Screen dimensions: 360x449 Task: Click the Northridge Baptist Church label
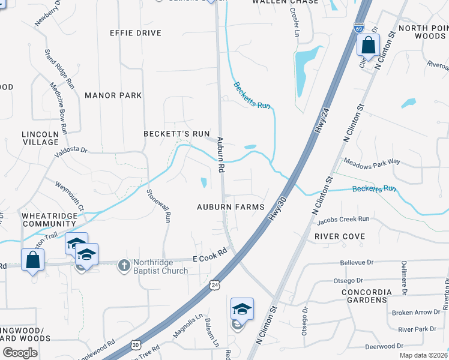click(x=160, y=266)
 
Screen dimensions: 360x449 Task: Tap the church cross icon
click(x=124, y=265)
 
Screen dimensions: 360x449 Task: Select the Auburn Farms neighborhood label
click(x=231, y=207)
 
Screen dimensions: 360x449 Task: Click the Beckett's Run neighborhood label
click(x=176, y=133)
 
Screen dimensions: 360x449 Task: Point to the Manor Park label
click(x=113, y=95)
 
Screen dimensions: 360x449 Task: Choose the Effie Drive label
click(x=136, y=33)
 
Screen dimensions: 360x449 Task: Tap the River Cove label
click(x=340, y=236)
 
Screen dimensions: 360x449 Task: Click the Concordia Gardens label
click(x=358, y=296)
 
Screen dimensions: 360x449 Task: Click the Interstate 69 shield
click(x=358, y=28)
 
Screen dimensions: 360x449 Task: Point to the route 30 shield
click(x=136, y=345)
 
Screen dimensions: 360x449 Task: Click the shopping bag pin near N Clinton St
click(x=367, y=46)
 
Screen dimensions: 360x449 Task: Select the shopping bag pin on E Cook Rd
click(x=32, y=260)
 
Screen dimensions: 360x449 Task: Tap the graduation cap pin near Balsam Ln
click(x=242, y=310)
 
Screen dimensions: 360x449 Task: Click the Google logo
click(x=20, y=352)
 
